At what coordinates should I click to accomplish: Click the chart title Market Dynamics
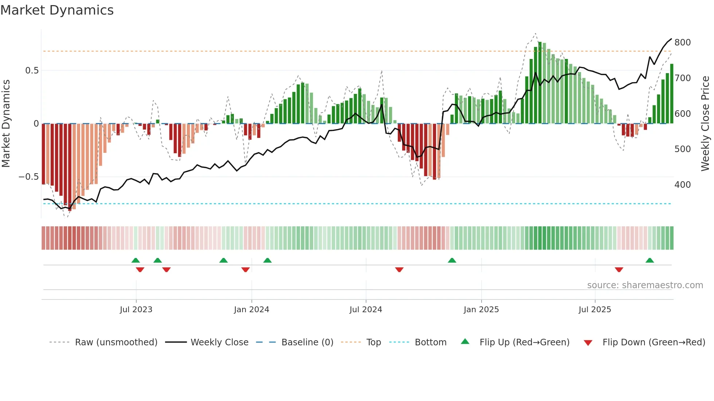pyautogui.click(x=57, y=10)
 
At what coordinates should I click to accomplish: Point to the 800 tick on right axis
pyautogui.click(x=682, y=43)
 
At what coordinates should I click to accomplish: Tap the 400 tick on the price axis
pyautogui.click(x=682, y=185)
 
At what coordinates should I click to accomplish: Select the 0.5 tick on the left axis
pyautogui.click(x=32, y=71)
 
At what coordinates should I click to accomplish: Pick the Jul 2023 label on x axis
pyautogui.click(x=136, y=310)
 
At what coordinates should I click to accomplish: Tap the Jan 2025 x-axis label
pyautogui.click(x=481, y=310)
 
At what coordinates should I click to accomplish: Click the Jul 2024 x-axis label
pyautogui.click(x=365, y=310)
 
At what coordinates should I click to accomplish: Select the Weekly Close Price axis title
pyautogui.click(x=705, y=124)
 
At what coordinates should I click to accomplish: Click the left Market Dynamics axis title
pyautogui.click(x=6, y=124)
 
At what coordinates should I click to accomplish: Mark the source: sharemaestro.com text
pyautogui.click(x=645, y=285)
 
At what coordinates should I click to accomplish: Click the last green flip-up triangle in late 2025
pyautogui.click(x=650, y=260)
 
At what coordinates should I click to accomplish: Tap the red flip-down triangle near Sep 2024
pyautogui.click(x=399, y=270)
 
